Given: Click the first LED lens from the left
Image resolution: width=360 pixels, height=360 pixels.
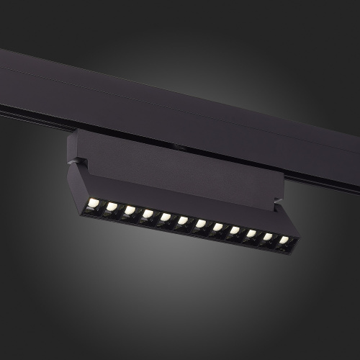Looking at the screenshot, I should (x=94, y=203).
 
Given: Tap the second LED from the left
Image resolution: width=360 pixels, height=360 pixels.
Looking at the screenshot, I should (x=112, y=207).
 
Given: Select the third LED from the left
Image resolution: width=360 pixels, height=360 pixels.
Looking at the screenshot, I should (x=130, y=210).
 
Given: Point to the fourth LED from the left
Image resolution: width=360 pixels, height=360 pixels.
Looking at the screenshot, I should (x=148, y=214).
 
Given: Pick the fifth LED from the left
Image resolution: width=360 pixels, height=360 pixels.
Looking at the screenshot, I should (x=166, y=217).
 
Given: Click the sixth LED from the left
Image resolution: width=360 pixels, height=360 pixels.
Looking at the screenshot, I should (x=183, y=220).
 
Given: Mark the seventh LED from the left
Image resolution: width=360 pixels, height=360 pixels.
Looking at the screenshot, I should (x=200, y=224).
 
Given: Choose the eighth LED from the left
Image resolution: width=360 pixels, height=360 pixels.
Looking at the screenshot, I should (x=217, y=228).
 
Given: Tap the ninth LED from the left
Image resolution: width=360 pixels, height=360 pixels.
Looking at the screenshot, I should (x=235, y=230).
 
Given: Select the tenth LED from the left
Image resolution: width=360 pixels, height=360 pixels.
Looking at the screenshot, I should (x=251, y=234).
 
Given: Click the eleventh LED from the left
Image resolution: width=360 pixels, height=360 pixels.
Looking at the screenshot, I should (x=268, y=237).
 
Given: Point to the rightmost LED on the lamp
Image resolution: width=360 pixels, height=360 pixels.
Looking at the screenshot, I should (x=284, y=240).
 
